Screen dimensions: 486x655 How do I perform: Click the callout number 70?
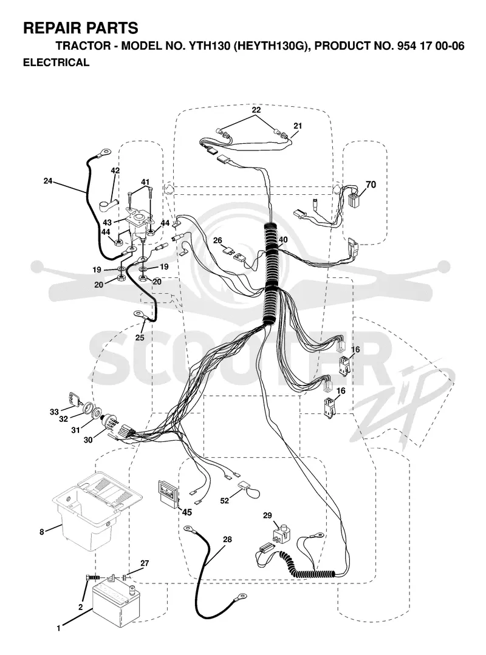(371, 184)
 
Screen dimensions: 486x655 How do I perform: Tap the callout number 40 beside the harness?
(283, 240)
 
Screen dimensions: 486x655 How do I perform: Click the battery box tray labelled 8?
(97, 510)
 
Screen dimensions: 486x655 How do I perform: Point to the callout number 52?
(225, 500)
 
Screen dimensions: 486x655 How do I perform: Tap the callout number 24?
(48, 181)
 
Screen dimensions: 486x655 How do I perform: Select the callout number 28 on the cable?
(227, 539)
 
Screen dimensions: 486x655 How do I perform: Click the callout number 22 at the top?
(256, 110)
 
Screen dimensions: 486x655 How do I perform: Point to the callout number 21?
(298, 126)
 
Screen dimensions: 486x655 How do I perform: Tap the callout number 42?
(115, 171)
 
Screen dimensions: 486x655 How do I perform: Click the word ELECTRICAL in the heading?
(56, 63)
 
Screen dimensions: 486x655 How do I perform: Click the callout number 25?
(140, 338)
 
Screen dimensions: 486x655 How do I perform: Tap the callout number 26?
(217, 240)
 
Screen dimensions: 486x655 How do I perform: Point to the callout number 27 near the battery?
(145, 563)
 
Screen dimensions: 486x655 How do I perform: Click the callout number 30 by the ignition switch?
(88, 440)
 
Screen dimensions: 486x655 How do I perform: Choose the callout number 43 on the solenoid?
(108, 223)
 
